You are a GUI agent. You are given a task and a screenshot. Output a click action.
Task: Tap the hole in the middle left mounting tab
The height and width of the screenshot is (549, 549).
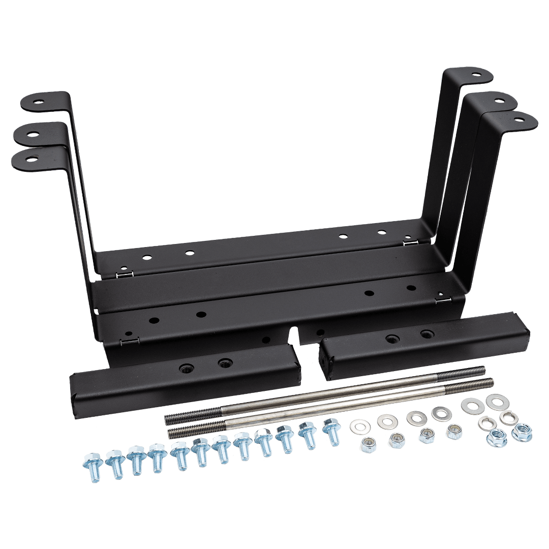pyautogui.click(x=33, y=135)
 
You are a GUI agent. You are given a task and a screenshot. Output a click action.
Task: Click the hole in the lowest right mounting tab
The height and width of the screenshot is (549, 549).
pyautogui.click(x=518, y=120)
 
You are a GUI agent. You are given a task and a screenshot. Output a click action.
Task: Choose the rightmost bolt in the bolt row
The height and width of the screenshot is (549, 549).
pyautogui.click(x=330, y=430)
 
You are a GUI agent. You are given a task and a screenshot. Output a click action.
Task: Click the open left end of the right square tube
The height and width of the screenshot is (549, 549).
pyautogui.click(x=326, y=358)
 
